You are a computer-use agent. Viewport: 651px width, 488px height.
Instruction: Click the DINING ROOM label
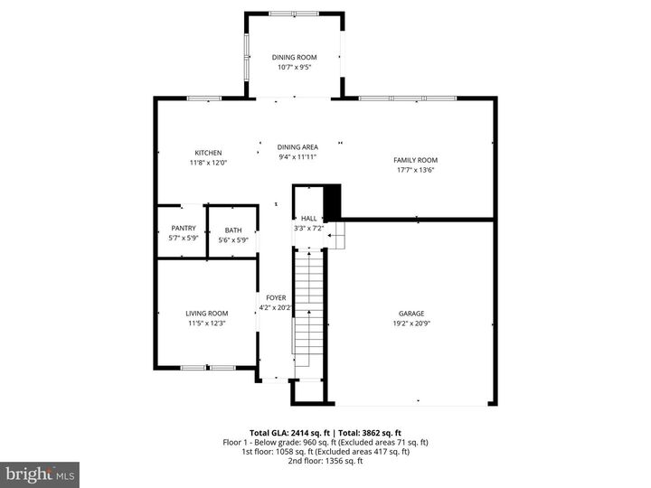click(x=295, y=57)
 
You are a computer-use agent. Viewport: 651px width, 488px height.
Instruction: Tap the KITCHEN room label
click(x=208, y=153)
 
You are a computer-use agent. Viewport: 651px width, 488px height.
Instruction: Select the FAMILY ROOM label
click(x=415, y=160)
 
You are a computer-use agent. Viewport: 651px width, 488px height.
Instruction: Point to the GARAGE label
click(x=411, y=314)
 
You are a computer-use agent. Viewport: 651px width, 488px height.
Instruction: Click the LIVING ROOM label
click(x=207, y=314)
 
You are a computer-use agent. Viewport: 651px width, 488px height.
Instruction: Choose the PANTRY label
click(x=184, y=230)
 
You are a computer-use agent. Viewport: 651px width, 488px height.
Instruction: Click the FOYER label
click(x=276, y=297)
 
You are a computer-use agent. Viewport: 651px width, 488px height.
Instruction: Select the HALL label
click(x=308, y=219)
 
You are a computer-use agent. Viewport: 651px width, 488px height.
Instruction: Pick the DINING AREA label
click(x=297, y=146)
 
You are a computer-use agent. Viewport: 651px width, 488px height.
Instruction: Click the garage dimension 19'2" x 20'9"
click(x=411, y=324)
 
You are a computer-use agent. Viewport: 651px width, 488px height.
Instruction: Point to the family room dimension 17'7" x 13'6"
click(x=415, y=170)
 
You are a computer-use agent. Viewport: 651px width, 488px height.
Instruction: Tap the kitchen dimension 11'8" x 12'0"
click(x=208, y=163)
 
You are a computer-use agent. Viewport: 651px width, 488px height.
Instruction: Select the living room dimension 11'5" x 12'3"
click(x=207, y=324)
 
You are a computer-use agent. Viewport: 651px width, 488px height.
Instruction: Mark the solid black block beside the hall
click(x=332, y=201)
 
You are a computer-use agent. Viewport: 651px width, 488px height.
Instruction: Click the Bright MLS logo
click(x=40, y=474)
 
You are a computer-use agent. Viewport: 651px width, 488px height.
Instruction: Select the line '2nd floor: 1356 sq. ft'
click(x=325, y=462)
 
